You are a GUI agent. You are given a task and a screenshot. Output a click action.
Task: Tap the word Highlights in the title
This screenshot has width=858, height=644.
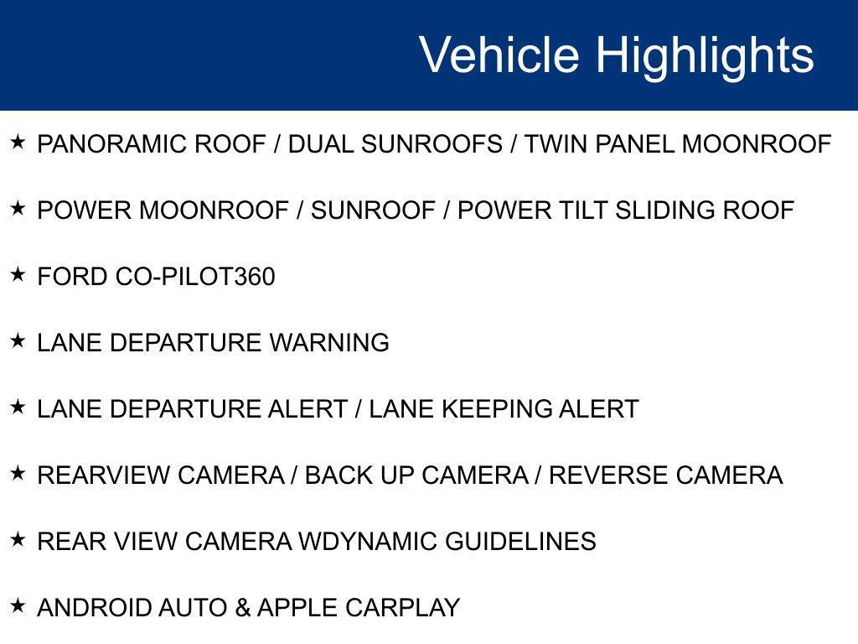[x=705, y=55]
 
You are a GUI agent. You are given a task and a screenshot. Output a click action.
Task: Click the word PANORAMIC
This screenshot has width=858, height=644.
[x=113, y=144]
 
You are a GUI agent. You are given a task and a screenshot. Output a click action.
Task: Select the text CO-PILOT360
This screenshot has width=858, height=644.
[x=194, y=277]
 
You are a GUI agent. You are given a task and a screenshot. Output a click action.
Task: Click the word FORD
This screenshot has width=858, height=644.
[x=73, y=277]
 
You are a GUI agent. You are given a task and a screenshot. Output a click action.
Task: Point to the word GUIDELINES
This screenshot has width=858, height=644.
[x=520, y=542]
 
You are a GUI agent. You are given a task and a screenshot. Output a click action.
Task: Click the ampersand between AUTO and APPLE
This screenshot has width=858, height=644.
[x=243, y=608]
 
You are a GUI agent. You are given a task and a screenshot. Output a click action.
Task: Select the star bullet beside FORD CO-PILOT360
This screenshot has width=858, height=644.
[x=18, y=274]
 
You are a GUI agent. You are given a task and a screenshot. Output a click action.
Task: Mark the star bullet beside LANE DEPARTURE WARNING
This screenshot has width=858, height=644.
[x=18, y=340]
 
